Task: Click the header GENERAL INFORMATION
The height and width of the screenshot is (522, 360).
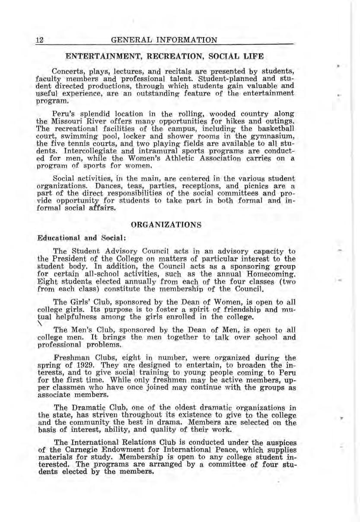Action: [x=164, y=41]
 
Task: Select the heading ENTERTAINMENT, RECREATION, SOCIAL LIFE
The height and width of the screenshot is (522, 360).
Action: [x=164, y=56]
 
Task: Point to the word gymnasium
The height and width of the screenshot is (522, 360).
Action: [x=270, y=137]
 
